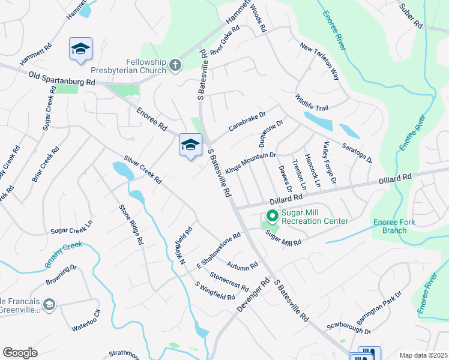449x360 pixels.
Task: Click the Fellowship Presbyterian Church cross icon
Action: [x=175, y=65]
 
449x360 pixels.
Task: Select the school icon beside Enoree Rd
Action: [x=190, y=145]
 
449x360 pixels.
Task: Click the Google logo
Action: [x=20, y=353]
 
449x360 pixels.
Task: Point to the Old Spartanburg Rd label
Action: [x=62, y=77]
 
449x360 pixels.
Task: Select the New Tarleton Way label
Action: [x=320, y=62]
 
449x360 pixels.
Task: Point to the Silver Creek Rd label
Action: [x=143, y=170]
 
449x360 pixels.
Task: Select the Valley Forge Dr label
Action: [x=330, y=163]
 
